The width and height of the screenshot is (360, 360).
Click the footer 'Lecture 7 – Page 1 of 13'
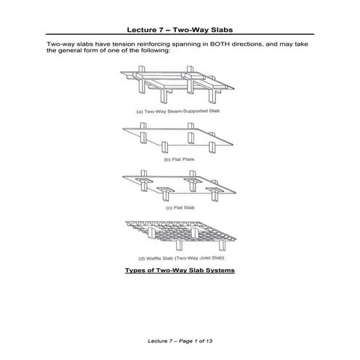pyautogui.click(x=180, y=340)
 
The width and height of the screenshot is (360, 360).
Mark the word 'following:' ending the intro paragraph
pyautogui.click(x=153, y=52)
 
